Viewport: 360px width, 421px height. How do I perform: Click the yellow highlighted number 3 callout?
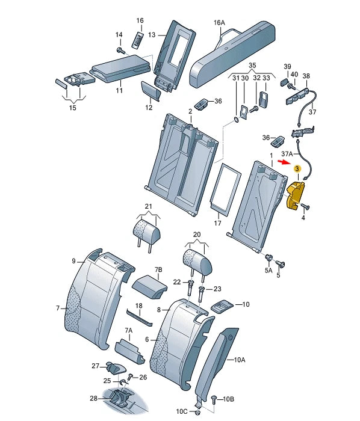point(297,168)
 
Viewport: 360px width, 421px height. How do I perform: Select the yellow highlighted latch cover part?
point(295,195)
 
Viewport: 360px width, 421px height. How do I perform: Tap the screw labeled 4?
point(306,207)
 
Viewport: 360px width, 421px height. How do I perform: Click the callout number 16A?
point(219,23)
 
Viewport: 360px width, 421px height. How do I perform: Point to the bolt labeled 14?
point(120,51)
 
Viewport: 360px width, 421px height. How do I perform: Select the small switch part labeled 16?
point(137,40)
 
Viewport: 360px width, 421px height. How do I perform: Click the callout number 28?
point(93,398)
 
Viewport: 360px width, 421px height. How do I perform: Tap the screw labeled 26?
point(131,376)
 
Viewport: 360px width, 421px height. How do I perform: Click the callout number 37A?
point(287,154)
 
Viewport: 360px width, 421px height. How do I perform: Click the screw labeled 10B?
point(214,399)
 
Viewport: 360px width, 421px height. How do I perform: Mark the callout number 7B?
point(158,269)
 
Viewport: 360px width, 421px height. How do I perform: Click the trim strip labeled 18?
point(139,318)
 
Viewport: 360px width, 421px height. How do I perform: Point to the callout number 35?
point(252,65)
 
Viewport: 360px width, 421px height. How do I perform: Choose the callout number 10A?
point(240,360)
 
